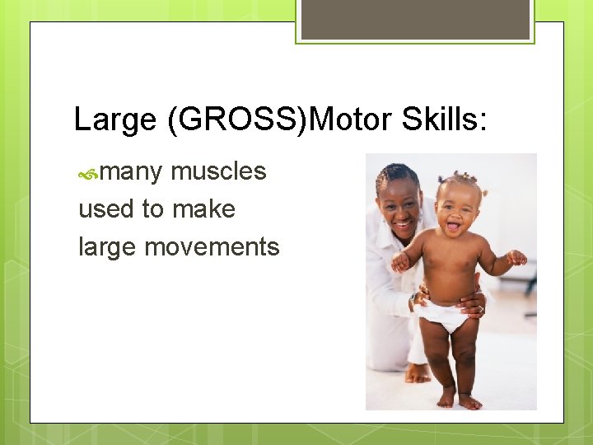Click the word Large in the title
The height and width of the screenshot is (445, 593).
click(114, 120)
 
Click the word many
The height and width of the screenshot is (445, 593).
click(131, 172)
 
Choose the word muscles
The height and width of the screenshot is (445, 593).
click(218, 171)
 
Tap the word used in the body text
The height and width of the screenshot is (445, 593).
click(106, 209)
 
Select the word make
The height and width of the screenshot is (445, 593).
click(203, 209)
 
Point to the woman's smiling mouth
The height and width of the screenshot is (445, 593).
click(403, 223)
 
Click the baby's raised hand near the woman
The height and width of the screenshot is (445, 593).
click(400, 263)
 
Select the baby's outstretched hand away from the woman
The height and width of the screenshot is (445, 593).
click(516, 258)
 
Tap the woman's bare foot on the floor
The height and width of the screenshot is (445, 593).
click(418, 374)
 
